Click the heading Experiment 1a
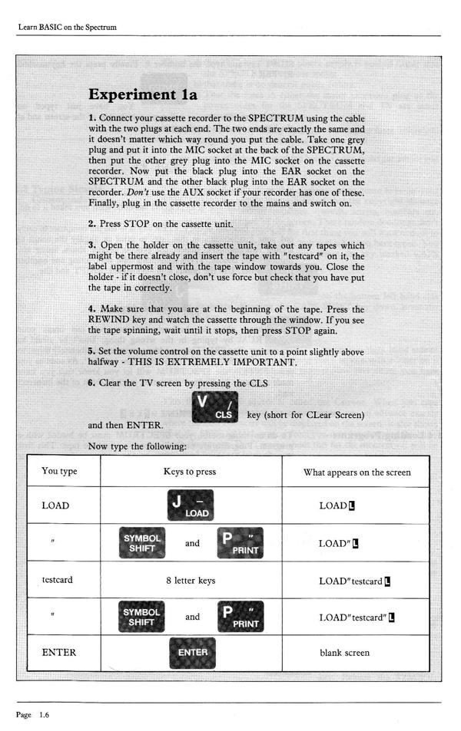[144, 94]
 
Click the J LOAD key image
[190, 505]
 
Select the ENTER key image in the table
[192, 653]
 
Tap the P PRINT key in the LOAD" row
[240, 544]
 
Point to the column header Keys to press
[190, 472]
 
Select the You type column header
[60, 472]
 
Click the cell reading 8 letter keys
[190, 581]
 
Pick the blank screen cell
[345, 653]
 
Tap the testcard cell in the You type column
[57, 580]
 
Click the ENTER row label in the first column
[55, 653]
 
